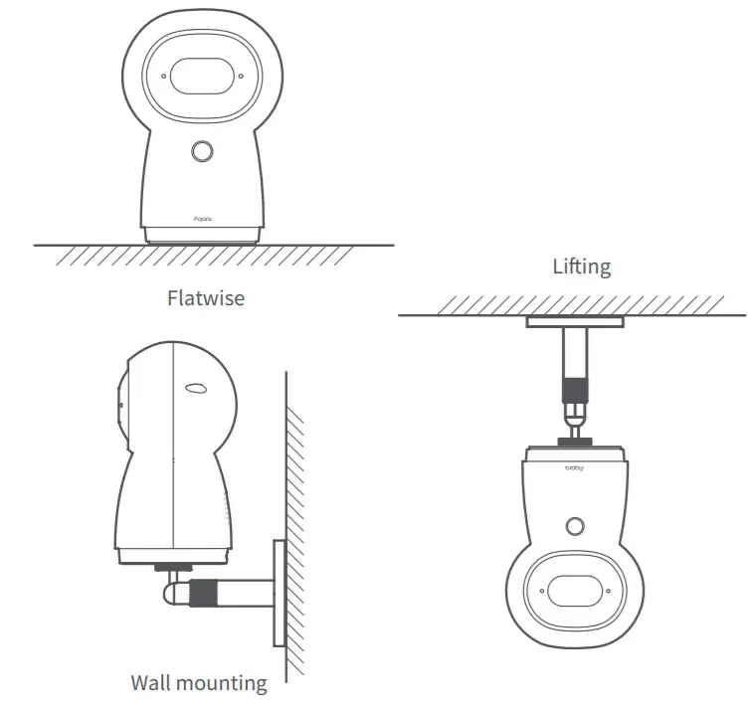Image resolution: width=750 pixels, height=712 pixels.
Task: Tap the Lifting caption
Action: pyautogui.click(x=582, y=267)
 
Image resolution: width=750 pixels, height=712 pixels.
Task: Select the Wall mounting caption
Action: pyautogui.click(x=199, y=683)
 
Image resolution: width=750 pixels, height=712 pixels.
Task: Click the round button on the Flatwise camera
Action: pyautogui.click(x=202, y=151)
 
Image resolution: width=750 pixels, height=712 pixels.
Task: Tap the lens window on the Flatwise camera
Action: pyautogui.click(x=203, y=76)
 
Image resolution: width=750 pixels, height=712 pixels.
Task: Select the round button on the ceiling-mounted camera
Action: pyautogui.click(x=574, y=525)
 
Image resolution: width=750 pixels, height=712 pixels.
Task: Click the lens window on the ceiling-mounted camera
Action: pyautogui.click(x=573, y=591)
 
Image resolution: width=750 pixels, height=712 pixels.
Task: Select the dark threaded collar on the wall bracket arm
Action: pyautogui.click(x=206, y=593)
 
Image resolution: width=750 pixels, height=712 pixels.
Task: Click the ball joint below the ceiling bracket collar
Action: pyautogui.click(x=575, y=411)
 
